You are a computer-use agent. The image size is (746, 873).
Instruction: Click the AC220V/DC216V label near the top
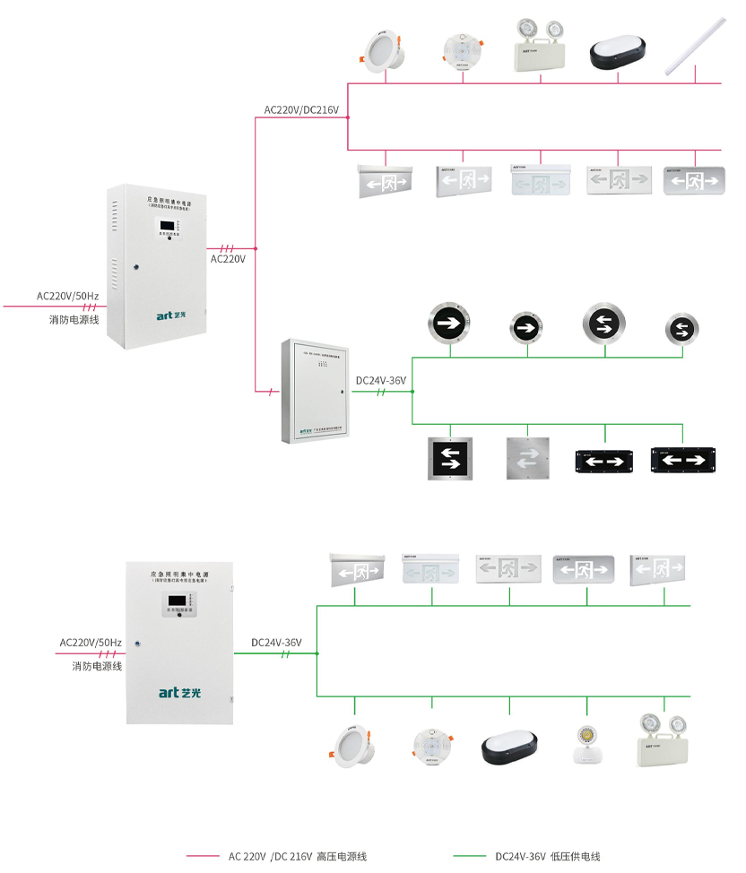point(300,110)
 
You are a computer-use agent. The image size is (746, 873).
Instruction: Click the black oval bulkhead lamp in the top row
point(618,53)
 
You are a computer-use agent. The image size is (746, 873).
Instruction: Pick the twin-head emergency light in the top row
point(541,48)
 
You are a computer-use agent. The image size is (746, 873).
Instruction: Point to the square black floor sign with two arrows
point(450,459)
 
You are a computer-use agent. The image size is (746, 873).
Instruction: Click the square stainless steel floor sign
point(526,458)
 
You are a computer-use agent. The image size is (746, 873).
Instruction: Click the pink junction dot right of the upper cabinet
point(256,248)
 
